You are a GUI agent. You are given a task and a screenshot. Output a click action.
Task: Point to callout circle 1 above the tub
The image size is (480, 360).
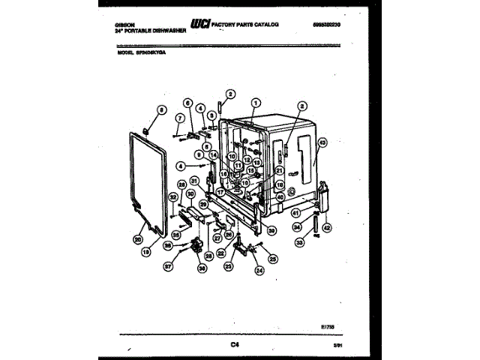[x=256, y=103]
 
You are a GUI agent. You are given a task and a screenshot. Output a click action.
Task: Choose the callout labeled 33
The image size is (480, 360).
[x=301, y=243]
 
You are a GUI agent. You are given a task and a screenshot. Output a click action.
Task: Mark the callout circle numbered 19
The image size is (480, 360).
[x=146, y=253]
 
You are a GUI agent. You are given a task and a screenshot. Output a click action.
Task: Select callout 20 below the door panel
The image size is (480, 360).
[x=137, y=240]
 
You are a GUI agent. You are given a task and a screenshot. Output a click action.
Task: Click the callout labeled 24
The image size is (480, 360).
[x=259, y=271]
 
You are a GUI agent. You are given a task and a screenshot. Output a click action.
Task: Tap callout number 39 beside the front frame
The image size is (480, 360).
[x=272, y=231]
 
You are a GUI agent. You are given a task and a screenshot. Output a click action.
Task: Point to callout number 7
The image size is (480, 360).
[x=179, y=118]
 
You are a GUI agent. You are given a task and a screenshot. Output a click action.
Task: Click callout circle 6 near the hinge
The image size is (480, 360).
[x=188, y=103]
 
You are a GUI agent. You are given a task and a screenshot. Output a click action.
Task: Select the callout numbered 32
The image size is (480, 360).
[x=172, y=197]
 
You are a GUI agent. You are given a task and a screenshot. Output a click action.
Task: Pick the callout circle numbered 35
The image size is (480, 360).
[x=176, y=233]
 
